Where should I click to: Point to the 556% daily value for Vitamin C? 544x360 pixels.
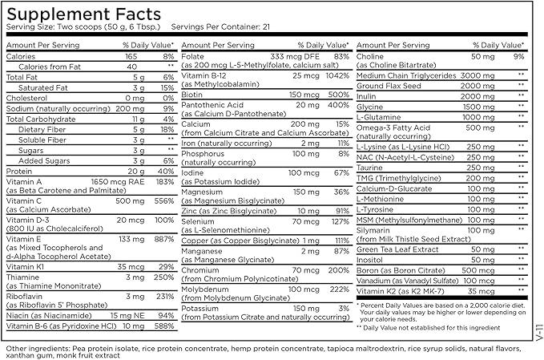click(163, 200)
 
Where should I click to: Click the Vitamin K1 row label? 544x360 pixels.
click(26, 265)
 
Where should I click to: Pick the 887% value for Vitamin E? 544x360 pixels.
click(163, 240)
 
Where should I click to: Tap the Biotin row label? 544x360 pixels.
click(193, 92)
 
